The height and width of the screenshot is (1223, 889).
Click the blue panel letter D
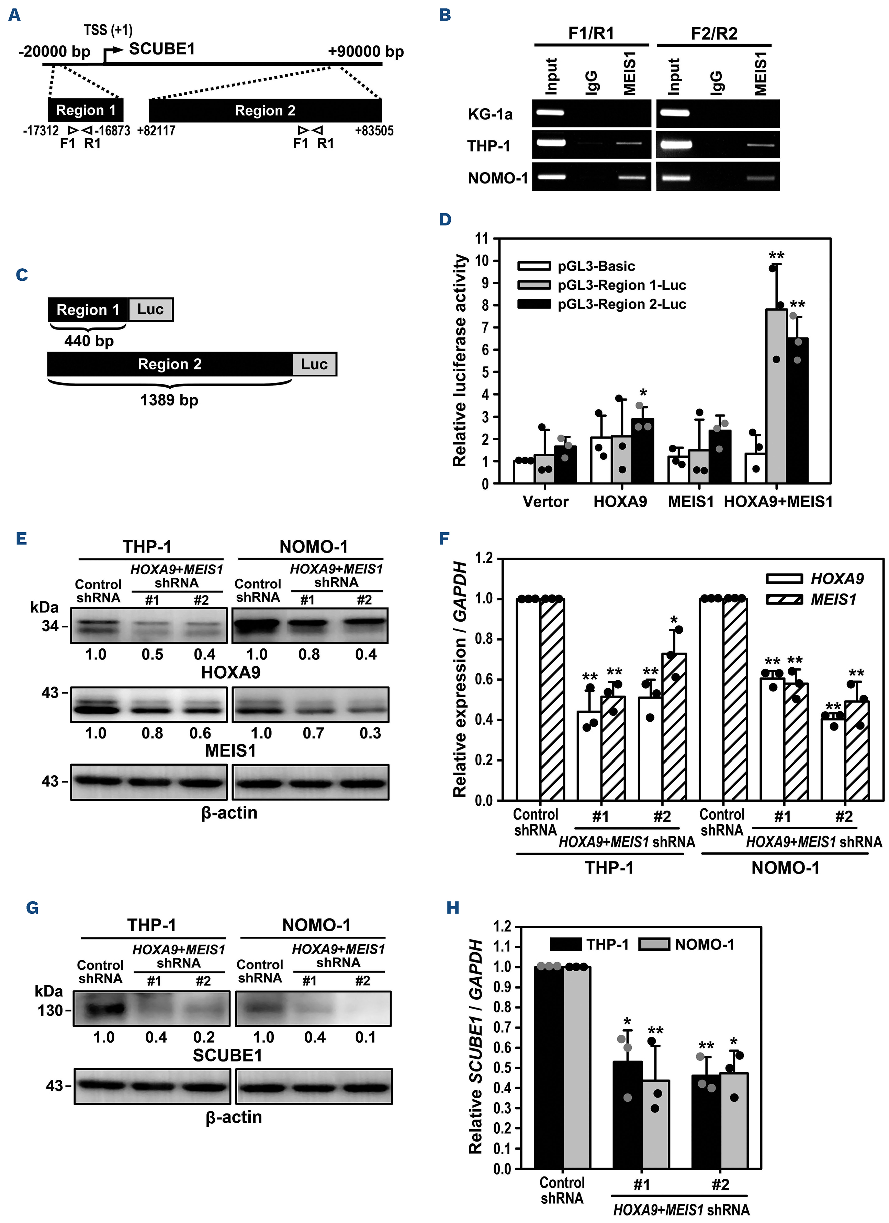coord(445,220)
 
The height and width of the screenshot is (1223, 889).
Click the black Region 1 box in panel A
coord(86,110)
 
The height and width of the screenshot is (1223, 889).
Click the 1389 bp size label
coord(169,400)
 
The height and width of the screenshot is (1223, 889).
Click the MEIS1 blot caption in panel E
coord(230,751)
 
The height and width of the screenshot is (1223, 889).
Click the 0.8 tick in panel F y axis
coord(484,639)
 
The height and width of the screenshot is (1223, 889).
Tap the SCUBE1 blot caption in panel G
coord(227,1055)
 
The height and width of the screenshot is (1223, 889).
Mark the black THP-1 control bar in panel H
coord(548,1068)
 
